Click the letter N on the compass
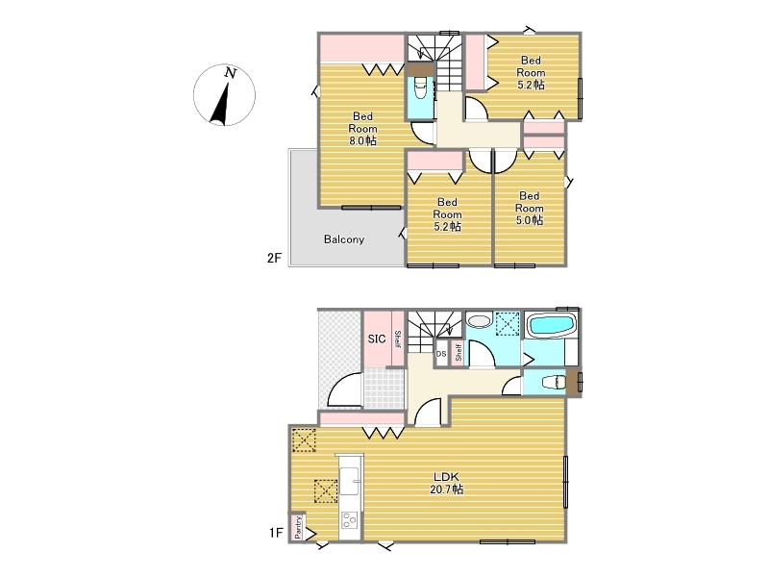point(231,73)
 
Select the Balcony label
point(344,239)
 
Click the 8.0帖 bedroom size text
point(363,141)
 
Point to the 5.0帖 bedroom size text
point(530,220)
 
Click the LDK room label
point(446,476)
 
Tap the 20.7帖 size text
point(447,489)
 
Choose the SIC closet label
point(377,339)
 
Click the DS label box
point(441,354)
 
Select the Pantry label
point(298,527)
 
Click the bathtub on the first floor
point(551,325)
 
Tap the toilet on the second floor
point(420,89)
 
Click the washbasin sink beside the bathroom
point(479,321)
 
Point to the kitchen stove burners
point(350,520)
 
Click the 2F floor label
point(274,258)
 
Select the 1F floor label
point(276,533)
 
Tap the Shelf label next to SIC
point(398,339)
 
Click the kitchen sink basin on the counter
point(350,481)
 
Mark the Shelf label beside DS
point(459,352)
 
